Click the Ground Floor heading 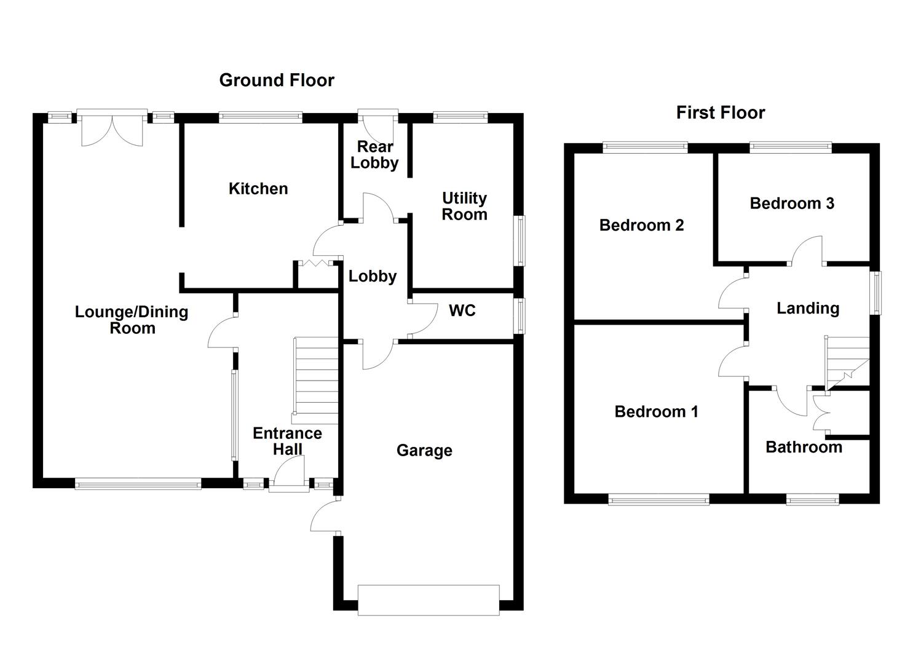click(x=277, y=80)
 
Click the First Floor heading click(x=721, y=113)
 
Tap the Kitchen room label click(x=258, y=189)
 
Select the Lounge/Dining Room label click(x=132, y=320)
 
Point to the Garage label click(x=424, y=451)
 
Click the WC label click(x=462, y=310)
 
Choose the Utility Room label click(x=464, y=207)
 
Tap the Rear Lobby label click(x=374, y=155)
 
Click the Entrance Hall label click(x=287, y=441)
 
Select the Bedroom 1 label click(x=656, y=411)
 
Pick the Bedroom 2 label click(x=641, y=225)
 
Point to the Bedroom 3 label click(x=792, y=204)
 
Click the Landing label click(x=808, y=308)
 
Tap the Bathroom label click(x=804, y=447)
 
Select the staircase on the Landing click(x=845, y=363)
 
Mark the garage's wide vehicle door click(x=429, y=599)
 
